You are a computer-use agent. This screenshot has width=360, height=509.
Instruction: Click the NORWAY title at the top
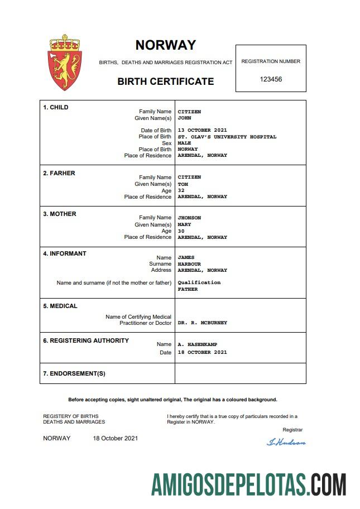(166, 45)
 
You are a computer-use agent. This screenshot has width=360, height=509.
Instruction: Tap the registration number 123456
(271, 79)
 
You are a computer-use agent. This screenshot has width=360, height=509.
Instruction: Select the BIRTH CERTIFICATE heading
(165, 81)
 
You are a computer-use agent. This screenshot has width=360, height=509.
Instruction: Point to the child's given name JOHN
(184, 118)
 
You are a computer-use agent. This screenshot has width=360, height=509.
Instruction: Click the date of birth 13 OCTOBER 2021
(202, 131)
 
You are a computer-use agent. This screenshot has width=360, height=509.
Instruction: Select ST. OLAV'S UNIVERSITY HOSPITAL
(227, 137)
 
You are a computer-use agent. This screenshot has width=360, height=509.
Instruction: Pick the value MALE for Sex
(184, 143)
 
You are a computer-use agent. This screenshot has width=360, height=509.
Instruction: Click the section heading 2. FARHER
(59, 173)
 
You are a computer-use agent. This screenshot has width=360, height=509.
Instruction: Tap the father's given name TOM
(183, 184)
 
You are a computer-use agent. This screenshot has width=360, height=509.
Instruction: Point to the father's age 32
(181, 190)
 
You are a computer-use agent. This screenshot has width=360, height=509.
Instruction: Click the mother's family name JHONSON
(189, 218)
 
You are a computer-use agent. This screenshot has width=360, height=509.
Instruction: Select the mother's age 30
(181, 231)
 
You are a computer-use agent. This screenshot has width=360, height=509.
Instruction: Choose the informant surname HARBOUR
(189, 264)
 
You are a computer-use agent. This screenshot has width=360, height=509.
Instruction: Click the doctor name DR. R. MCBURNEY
(202, 323)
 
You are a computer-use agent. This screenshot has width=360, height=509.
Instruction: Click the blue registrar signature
(286, 442)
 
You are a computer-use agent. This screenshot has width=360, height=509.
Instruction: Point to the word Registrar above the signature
(292, 430)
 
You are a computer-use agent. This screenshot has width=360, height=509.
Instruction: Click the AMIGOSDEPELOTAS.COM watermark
(249, 484)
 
